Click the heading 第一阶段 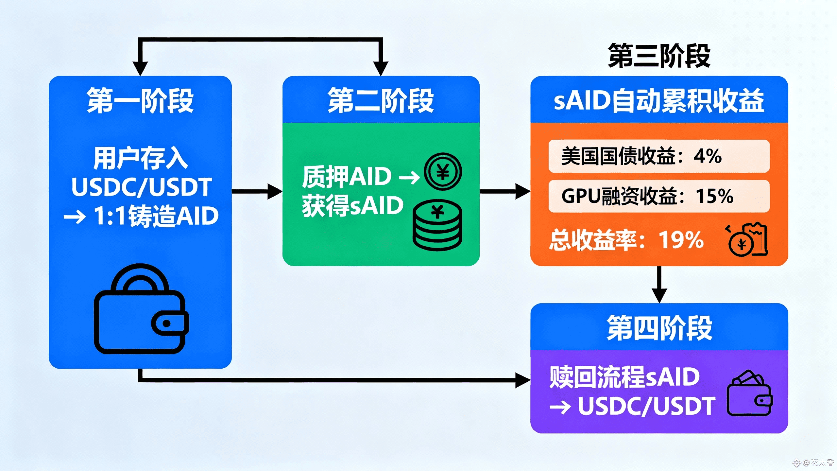140,100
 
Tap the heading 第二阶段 381,100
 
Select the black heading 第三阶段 659,56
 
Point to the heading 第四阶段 659,328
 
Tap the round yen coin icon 443,172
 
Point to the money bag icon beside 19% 747,240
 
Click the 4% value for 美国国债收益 708,156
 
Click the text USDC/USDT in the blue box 142,187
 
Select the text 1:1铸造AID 156,216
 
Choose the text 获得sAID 352,206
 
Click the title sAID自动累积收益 659,100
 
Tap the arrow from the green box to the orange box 505,191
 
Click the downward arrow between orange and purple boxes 659,285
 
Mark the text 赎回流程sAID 624,377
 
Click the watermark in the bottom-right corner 814,462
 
